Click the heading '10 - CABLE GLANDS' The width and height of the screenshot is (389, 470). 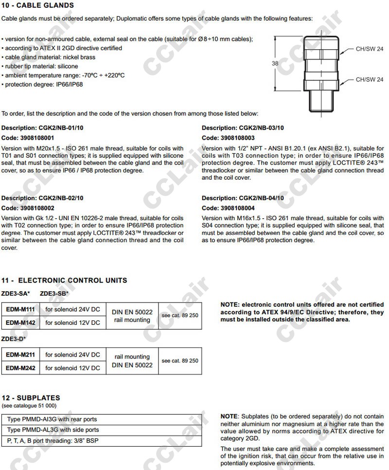pos(38,5)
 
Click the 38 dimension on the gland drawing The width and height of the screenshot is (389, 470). pos(275,63)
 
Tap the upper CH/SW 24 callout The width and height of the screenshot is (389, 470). pos(370,49)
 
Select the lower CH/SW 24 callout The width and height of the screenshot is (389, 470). pos(370,79)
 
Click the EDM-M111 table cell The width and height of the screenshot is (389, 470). pos(20,310)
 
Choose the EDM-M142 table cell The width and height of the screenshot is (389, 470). pos(20,322)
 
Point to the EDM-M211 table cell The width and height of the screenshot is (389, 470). pos(20,355)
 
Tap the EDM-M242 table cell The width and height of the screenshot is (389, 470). pos(20,368)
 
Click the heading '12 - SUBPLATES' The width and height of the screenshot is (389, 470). pos(31,398)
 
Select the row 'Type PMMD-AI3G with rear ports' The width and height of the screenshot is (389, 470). pos(53,419)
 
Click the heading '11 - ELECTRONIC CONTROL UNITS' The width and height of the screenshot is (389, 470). pos(64,281)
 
